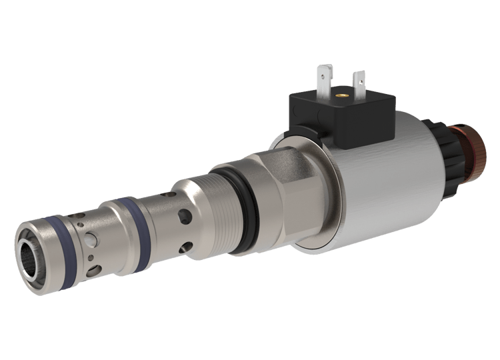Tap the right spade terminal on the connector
[x=359, y=81]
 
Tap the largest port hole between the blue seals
[x=91, y=239]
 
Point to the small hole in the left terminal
[x=325, y=70]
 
